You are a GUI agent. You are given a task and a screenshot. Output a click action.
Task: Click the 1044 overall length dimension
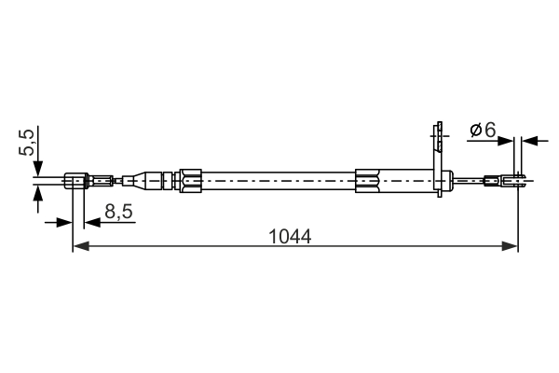pyautogui.click(x=290, y=236)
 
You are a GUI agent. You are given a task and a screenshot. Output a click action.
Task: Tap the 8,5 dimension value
pyautogui.click(x=118, y=213)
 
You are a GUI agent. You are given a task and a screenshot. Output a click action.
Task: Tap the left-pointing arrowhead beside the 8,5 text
pyautogui.click(x=91, y=222)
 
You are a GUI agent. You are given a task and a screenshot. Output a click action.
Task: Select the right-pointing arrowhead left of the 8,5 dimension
pyautogui.click(x=65, y=222)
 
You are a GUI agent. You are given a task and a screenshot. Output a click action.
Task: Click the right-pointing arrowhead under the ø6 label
pyautogui.click(x=508, y=141)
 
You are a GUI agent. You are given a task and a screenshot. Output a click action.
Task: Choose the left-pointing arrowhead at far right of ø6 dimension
pyautogui.click(x=530, y=141)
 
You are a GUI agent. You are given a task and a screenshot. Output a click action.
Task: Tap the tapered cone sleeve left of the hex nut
pyautogui.click(x=145, y=179)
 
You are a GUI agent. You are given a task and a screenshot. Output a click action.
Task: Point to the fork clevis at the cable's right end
pyautogui.click(x=516, y=179)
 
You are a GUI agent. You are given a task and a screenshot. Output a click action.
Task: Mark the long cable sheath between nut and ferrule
pyautogui.click(x=279, y=179)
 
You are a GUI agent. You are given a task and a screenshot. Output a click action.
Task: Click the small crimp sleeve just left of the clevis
pyautogui.click(x=492, y=179)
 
